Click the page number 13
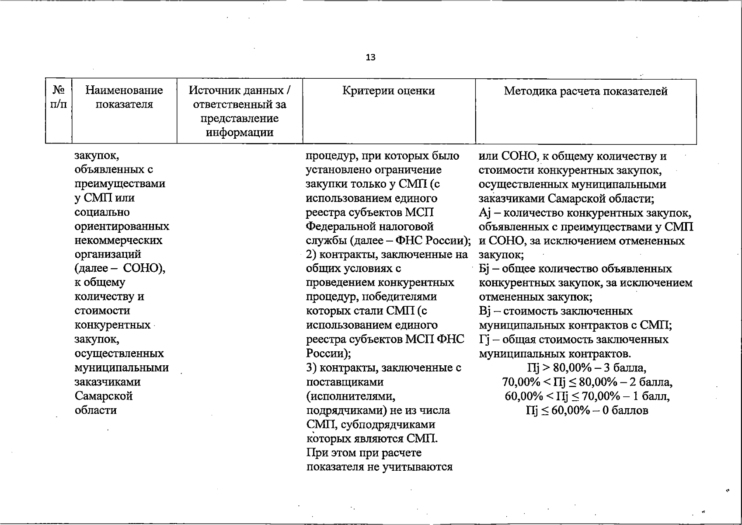tap(370, 57)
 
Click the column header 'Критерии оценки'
tap(388, 91)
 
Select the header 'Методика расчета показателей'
tap(585, 91)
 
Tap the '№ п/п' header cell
tap(59, 97)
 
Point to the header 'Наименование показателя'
tap(124, 97)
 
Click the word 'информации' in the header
tap(240, 132)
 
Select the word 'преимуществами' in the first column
tap(120, 184)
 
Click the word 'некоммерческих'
tap(118, 240)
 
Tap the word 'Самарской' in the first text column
tap(104, 396)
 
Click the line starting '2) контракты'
tap(387, 255)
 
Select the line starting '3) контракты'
tap(383, 367)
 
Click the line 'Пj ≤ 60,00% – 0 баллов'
tap(587, 410)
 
